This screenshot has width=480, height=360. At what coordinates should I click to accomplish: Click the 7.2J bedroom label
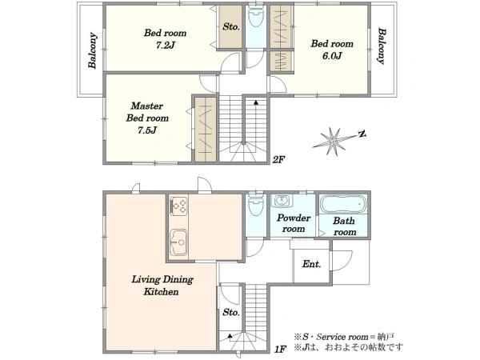point(166,39)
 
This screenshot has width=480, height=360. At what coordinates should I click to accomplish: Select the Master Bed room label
point(147,118)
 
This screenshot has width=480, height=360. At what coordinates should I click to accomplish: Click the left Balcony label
point(93,50)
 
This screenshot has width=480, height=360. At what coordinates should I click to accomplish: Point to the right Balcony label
point(382,46)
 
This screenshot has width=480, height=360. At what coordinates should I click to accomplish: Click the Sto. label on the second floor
point(231,27)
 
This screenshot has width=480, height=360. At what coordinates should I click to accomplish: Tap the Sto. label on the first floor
point(231,312)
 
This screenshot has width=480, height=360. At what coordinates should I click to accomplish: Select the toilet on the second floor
point(256,17)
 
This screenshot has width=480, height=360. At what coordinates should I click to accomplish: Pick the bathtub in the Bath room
point(343,203)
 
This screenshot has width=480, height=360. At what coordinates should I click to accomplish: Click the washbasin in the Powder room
point(282,201)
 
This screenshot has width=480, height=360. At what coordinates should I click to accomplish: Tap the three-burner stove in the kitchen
point(178,206)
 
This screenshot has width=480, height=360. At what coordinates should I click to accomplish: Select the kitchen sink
point(178,242)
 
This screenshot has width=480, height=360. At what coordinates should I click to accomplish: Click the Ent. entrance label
point(312,264)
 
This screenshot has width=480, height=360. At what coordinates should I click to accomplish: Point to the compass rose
point(335,142)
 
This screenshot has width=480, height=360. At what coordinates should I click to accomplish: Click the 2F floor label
point(278,159)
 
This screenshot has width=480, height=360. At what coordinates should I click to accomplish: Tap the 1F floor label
point(280,349)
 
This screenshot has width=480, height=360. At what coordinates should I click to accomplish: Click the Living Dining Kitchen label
point(162,286)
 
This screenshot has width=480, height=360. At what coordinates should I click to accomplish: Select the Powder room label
point(294,223)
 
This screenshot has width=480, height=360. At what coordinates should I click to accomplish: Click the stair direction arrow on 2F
point(256,103)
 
